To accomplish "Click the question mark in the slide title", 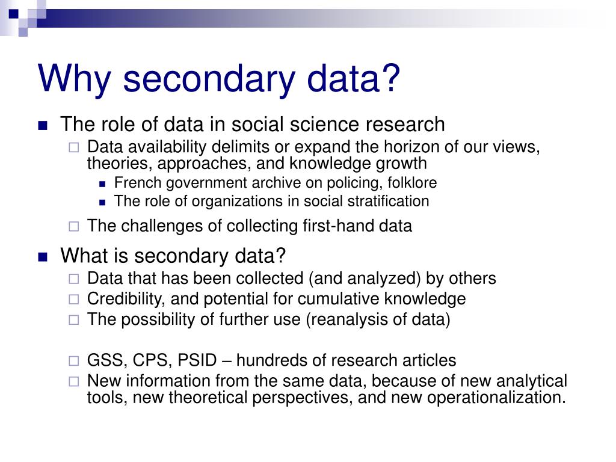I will coord(389,78).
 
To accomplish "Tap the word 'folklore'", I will coord(410,183).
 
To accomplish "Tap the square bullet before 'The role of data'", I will coord(42,126).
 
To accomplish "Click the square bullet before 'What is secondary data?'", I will coord(42,257).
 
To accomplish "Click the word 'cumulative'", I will coord(339,299).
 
